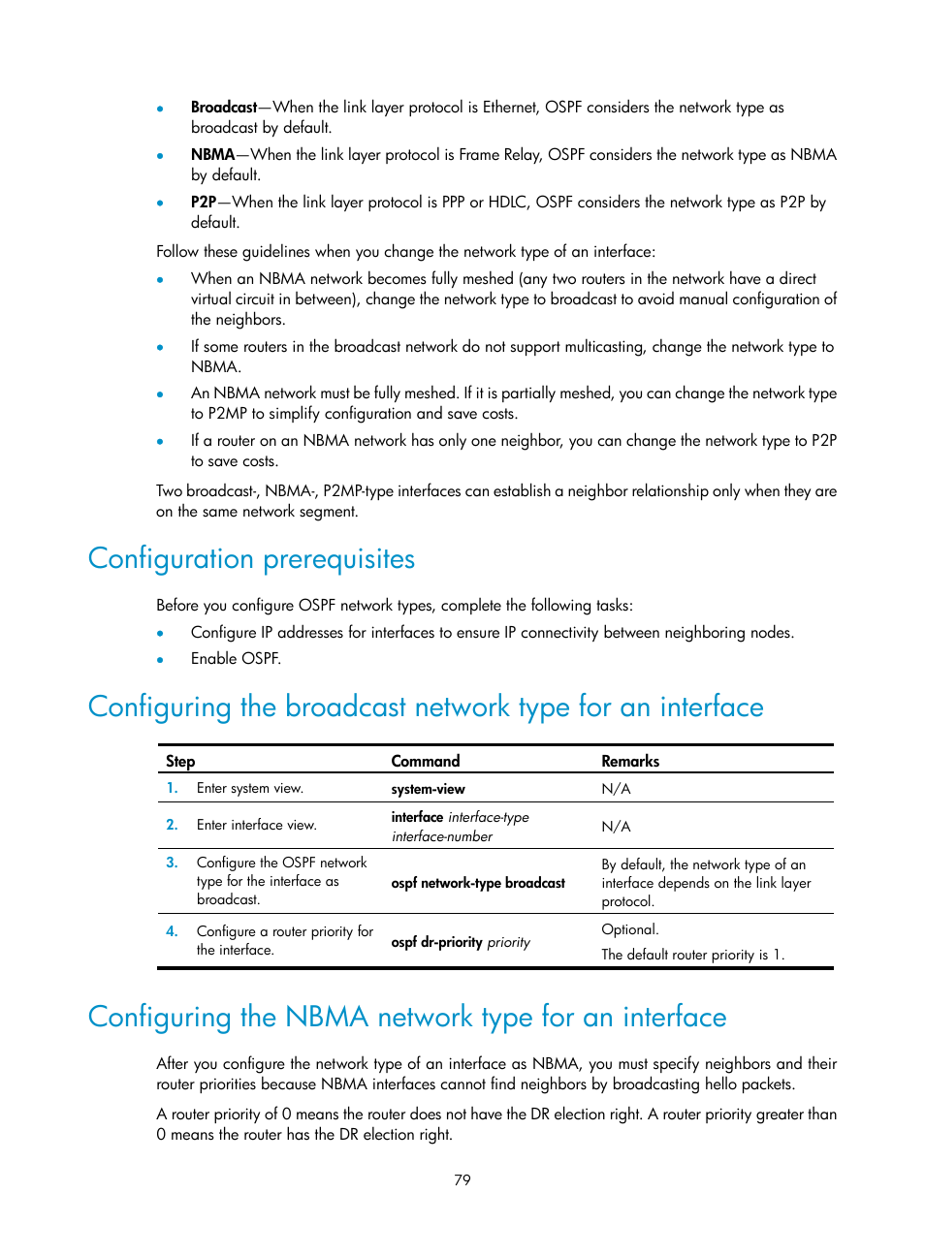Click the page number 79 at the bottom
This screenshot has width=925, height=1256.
pos(462,1179)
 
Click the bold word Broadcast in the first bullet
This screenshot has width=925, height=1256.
pos(224,108)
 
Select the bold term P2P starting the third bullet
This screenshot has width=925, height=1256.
pos(203,203)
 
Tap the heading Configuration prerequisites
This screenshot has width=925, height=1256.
pos(251,559)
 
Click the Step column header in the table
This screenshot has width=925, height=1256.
pos(180,761)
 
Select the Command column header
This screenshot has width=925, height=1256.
pos(426,761)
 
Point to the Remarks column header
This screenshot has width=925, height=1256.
pos(630,761)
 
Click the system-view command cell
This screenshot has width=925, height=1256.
pos(428,789)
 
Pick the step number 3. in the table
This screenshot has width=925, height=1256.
pos(172,863)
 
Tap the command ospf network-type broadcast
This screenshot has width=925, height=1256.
pos(478,883)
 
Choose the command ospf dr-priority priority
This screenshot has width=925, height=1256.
pos(461,942)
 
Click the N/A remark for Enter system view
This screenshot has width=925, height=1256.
pos(616,789)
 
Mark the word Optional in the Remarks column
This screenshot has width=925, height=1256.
pos(629,929)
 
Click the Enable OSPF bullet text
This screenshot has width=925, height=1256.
pos(236,659)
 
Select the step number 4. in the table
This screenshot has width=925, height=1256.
pos(172,931)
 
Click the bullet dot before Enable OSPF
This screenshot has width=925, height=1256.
pos(160,660)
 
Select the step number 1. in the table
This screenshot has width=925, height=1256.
pos(172,788)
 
